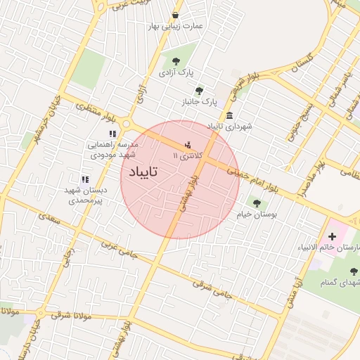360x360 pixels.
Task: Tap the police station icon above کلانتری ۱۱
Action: [187, 145]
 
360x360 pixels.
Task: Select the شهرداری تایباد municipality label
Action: [229, 127]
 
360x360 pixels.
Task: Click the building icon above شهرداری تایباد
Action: [230, 116]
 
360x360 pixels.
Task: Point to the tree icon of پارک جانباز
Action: [199, 91]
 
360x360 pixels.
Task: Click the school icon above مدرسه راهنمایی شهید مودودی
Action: [112, 134]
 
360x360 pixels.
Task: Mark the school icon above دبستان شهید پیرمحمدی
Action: [85, 180]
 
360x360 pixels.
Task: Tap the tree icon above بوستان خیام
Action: [255, 203]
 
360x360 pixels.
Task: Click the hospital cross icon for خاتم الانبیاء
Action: [332, 237]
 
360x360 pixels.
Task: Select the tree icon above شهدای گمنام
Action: [353, 271]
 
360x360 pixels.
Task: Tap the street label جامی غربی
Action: [118, 249]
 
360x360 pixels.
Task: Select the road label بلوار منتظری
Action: [98, 108]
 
